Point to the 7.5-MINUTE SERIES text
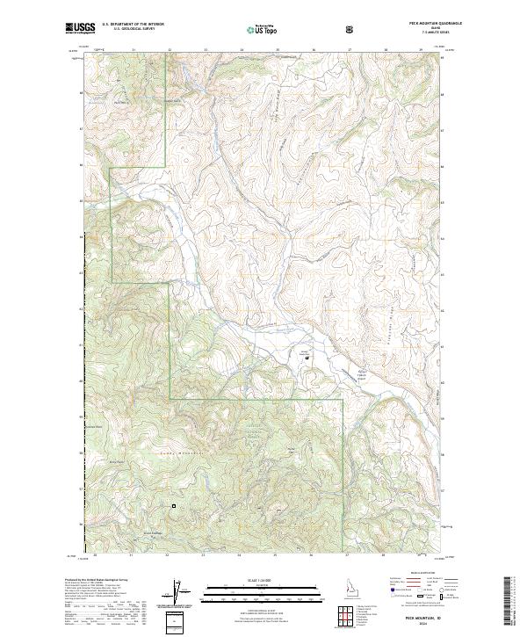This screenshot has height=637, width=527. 413,34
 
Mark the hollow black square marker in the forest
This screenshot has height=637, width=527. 174,506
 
